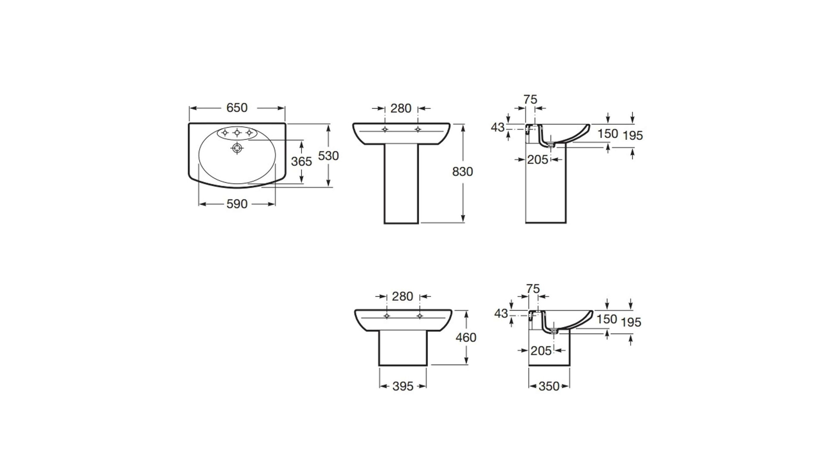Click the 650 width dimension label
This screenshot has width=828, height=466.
click(x=237, y=107)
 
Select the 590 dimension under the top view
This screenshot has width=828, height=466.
click(x=237, y=204)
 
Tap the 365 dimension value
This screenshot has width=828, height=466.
click(x=301, y=161)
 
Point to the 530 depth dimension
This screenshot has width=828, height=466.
click(x=328, y=155)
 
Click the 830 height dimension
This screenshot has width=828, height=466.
click(x=462, y=172)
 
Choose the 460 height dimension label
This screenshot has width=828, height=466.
click(x=466, y=337)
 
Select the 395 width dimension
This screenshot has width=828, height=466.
click(x=403, y=386)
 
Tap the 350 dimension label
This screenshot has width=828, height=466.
click(x=549, y=386)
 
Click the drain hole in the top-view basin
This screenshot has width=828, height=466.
click(x=237, y=148)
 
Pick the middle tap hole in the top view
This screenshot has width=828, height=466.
click(x=237, y=132)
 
